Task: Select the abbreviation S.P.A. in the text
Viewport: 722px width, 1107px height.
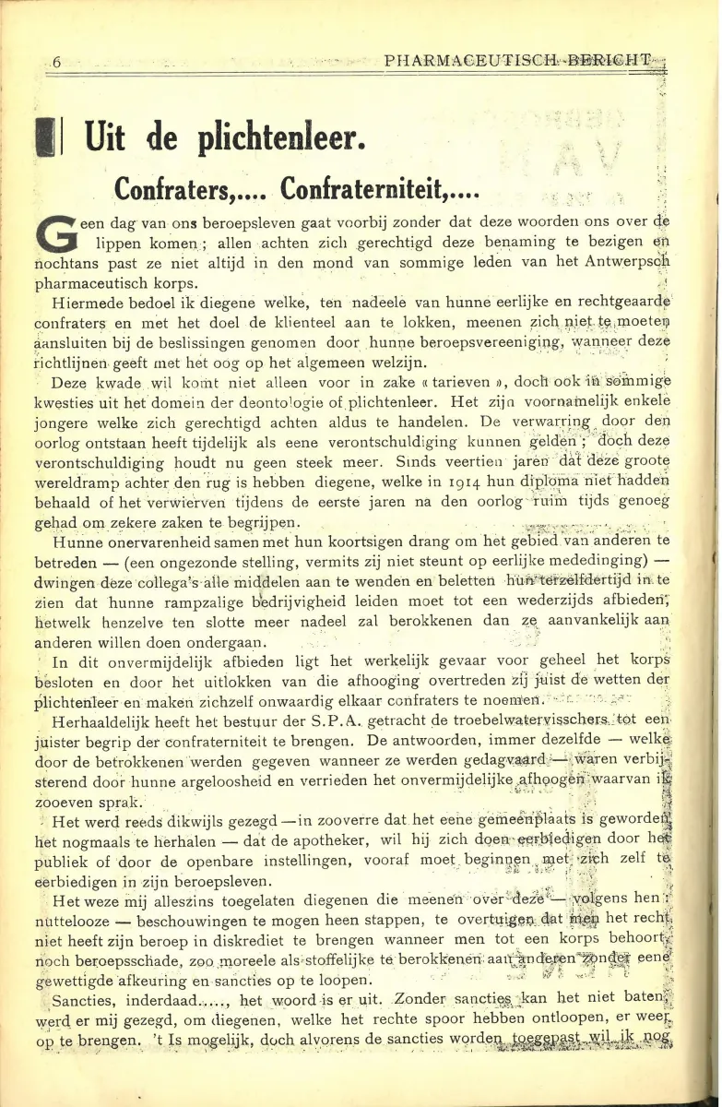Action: click(295, 722)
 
